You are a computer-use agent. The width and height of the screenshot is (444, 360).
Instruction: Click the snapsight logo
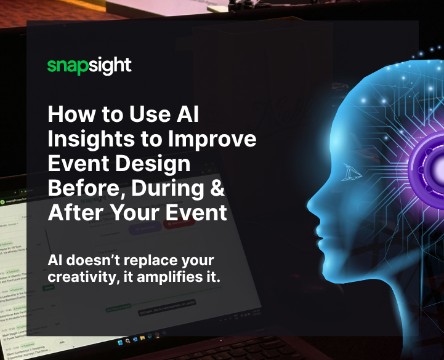[x=89, y=65]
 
